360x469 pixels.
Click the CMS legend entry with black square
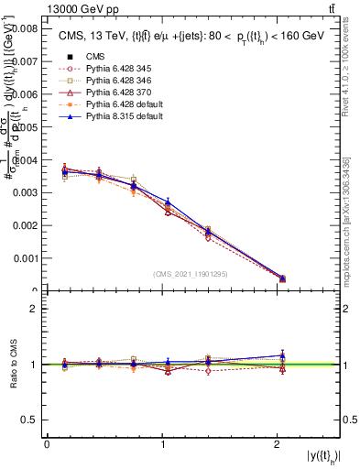[96, 55]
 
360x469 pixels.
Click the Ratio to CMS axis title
[14, 365]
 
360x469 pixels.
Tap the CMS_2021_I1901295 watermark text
[192, 274]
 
